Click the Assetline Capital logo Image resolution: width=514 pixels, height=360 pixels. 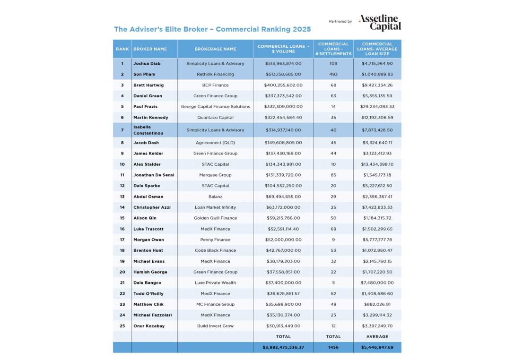tap(379, 22)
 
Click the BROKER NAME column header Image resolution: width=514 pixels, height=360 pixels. tap(150, 49)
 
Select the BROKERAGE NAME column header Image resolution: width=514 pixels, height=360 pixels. tap(215, 49)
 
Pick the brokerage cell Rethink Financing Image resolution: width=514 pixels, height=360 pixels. tap(215, 74)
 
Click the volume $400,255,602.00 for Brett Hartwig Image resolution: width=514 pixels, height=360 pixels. tap(283, 85)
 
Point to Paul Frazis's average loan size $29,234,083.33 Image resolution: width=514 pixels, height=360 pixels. tap(377, 107)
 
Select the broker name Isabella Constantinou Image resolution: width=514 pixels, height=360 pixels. tap(148, 130)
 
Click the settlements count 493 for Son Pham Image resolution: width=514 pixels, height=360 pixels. tap(333, 74)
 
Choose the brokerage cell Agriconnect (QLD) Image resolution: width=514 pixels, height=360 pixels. tap(215, 143)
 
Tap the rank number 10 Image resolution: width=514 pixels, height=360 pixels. tap(122, 164)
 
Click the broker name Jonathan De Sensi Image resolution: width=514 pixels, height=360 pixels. tap(154, 175)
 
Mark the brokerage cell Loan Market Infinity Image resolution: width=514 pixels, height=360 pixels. tap(215, 207)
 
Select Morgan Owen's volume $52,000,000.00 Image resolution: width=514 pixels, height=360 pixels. tap(283, 240)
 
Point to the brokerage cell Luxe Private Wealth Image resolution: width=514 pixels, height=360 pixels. tap(215, 283)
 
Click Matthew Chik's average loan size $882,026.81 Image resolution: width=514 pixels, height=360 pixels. tap(377, 304)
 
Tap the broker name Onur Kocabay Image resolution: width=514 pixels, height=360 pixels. tap(148, 326)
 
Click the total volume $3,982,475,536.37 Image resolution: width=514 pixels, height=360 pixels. tap(283, 348)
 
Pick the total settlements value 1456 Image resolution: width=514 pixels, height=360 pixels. tap(333, 348)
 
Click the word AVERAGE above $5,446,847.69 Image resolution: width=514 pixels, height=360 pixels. tap(377, 337)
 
